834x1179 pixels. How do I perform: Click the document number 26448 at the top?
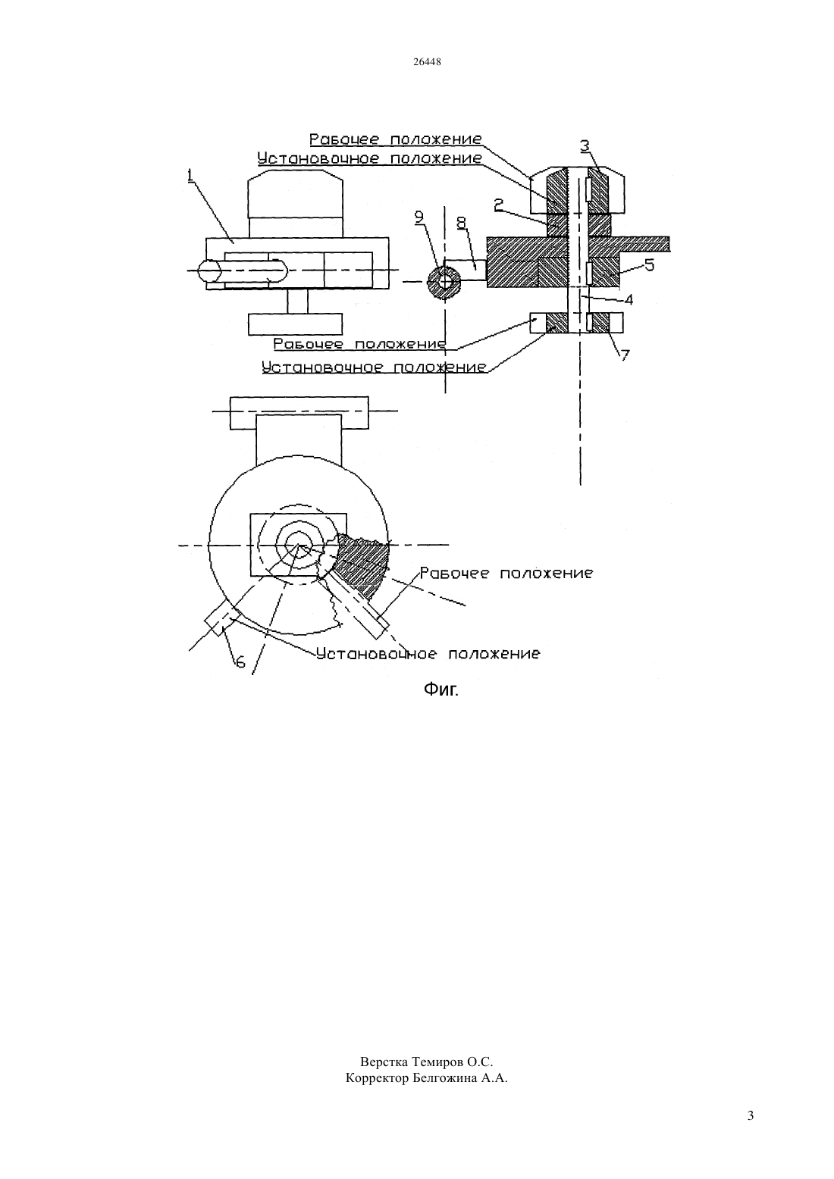pyautogui.click(x=427, y=61)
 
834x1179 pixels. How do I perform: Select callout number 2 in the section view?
pyautogui.click(x=499, y=204)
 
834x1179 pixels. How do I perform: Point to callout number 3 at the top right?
pyautogui.click(x=585, y=145)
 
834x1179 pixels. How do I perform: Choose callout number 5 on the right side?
pyautogui.click(x=649, y=264)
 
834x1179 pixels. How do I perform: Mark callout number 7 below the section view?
pyautogui.click(x=625, y=356)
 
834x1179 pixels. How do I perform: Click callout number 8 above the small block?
pyautogui.click(x=461, y=224)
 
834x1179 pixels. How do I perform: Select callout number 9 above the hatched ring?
pyautogui.click(x=419, y=216)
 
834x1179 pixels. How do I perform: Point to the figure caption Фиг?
pyautogui.click(x=441, y=690)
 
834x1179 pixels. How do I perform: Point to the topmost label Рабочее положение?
pyautogui.click(x=396, y=139)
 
